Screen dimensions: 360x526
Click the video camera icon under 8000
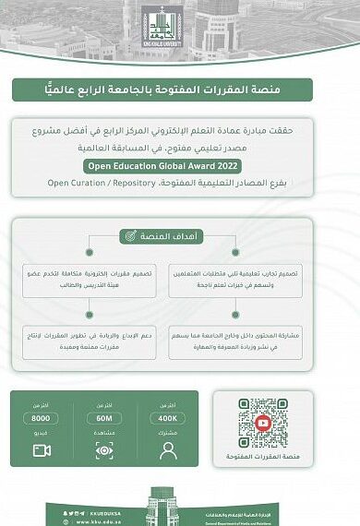coord(42,450)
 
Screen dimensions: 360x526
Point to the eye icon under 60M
coord(104,450)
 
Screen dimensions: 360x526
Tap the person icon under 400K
coord(167,450)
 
